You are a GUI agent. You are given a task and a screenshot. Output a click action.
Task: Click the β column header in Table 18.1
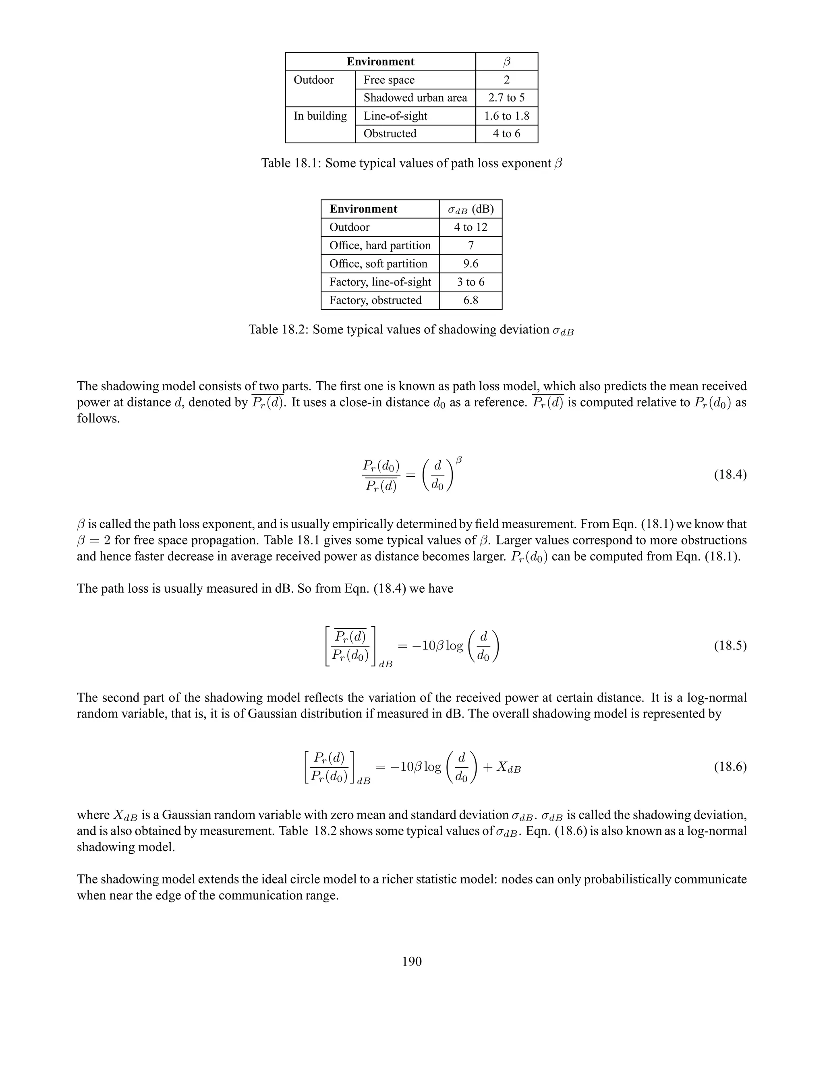506,62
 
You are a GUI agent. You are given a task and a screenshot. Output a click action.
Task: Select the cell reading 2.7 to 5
506,98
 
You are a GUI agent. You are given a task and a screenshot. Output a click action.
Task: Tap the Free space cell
389,80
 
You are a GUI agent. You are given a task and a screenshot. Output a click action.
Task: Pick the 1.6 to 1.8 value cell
506,116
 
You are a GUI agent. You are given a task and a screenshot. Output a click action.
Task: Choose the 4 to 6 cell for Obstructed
506,133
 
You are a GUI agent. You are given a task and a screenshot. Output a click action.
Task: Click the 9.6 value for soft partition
470,264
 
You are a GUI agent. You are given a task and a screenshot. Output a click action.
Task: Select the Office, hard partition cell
380,245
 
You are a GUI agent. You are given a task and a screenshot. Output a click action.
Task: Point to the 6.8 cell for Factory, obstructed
470,300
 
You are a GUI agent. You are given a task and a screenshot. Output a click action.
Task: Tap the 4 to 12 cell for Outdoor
470,227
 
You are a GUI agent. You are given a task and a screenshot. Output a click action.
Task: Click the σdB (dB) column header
470,209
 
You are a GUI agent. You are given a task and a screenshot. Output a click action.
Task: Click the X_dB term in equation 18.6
508,767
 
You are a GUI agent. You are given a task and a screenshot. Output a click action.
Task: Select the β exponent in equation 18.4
458,460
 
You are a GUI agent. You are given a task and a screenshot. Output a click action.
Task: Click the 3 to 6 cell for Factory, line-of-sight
470,282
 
